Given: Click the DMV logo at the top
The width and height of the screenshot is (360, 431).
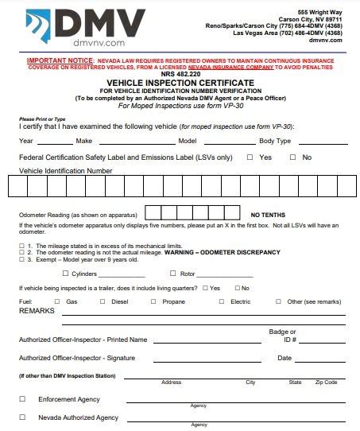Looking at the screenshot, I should (87, 25).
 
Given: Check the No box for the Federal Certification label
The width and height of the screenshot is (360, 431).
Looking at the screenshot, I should (292, 157).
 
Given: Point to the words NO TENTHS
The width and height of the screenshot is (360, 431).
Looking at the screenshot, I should (269, 215).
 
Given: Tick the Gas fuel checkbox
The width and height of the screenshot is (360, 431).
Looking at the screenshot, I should (56, 301).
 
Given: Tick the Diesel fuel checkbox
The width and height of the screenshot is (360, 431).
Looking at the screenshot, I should (102, 301).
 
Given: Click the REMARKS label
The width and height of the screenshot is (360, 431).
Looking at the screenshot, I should (37, 311).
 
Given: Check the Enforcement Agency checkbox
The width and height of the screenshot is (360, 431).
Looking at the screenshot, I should (22, 398).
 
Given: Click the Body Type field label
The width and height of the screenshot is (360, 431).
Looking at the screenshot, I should (275, 140).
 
